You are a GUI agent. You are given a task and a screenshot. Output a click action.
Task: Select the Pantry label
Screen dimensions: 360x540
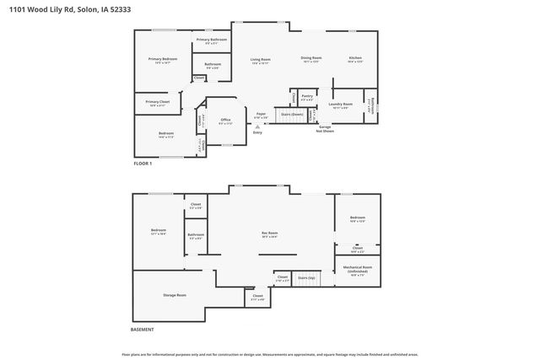[x=307, y=98]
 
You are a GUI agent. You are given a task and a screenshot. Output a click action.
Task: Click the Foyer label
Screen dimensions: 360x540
[x=262, y=115]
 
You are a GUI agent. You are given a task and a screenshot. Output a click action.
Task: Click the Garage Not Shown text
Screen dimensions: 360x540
[x=325, y=129]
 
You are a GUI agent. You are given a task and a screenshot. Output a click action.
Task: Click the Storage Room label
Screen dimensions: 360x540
[x=175, y=295]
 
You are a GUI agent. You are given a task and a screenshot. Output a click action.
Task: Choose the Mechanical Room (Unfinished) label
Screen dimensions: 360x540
[x=358, y=271]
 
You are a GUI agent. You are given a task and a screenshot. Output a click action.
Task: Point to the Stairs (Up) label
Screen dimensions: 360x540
[x=305, y=277]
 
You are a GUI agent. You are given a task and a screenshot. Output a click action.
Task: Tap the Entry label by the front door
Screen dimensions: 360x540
[x=257, y=132]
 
